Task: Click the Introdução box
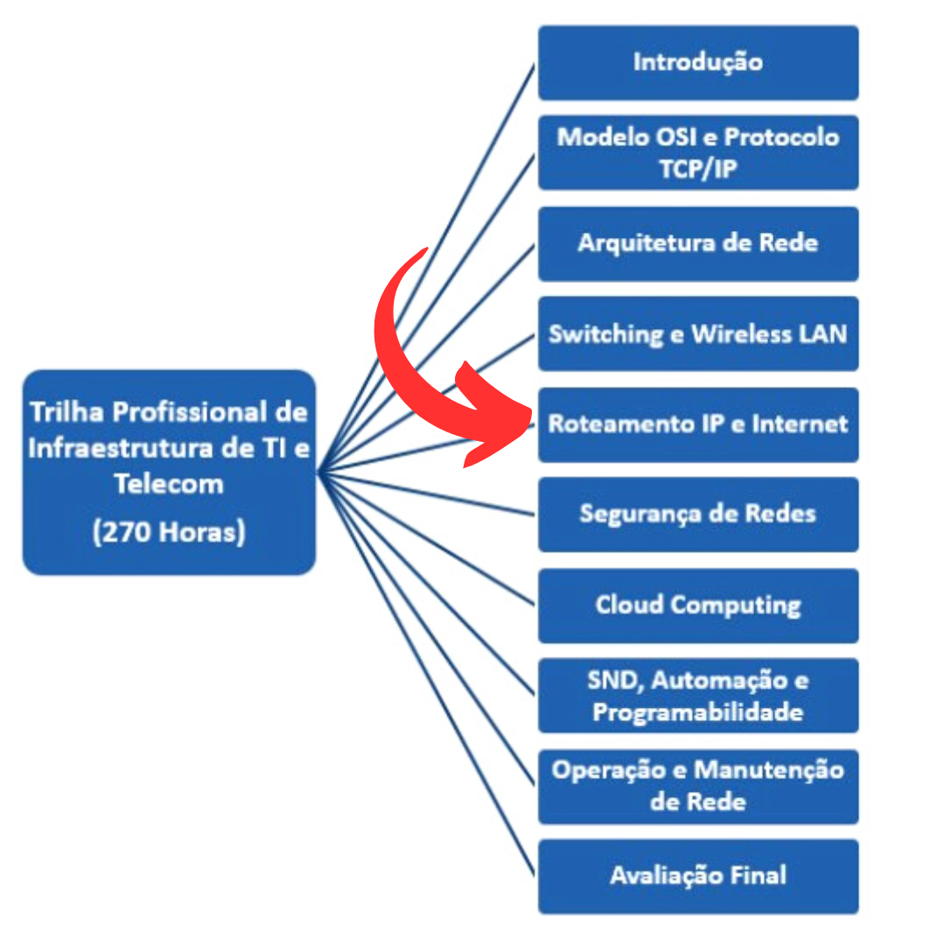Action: pyautogui.click(x=697, y=62)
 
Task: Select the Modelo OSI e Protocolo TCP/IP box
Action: pyautogui.click(x=697, y=152)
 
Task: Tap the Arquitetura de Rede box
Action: pyautogui.click(x=697, y=243)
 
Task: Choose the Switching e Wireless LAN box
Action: pyautogui.click(x=697, y=334)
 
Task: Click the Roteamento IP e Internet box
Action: pyautogui.click(x=697, y=424)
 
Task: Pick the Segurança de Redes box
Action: pyautogui.click(x=697, y=514)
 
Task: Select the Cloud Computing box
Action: pyautogui.click(x=697, y=605)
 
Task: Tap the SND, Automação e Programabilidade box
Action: pyautogui.click(x=697, y=696)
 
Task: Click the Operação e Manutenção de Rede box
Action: pyautogui.click(x=697, y=786)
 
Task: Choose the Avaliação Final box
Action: pyautogui.click(x=697, y=876)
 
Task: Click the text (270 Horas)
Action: pyautogui.click(x=169, y=532)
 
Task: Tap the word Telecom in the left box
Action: pyautogui.click(x=169, y=483)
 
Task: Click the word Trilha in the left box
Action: pyautogui.click(x=66, y=411)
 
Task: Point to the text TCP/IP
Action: pyautogui.click(x=697, y=168)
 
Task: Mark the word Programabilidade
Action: pyautogui.click(x=697, y=711)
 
